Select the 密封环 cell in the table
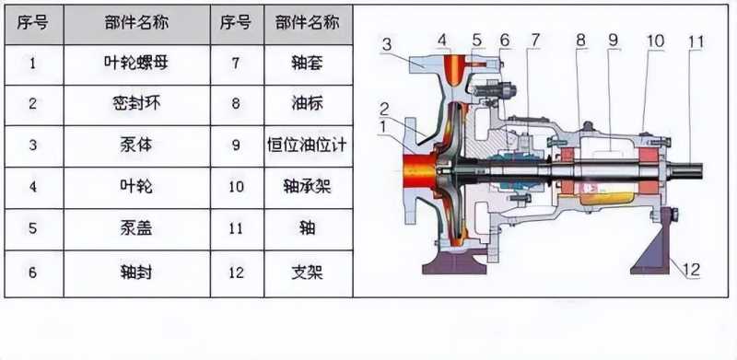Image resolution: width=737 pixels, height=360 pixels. (x=136, y=105)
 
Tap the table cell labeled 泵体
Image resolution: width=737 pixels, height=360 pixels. (x=136, y=146)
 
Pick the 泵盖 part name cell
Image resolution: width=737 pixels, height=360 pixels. (x=136, y=229)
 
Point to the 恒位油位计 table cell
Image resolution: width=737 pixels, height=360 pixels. (x=309, y=146)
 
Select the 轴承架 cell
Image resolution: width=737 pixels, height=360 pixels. (x=309, y=188)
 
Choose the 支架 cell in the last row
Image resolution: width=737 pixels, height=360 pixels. (x=309, y=273)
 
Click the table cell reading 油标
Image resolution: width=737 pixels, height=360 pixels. (x=309, y=105)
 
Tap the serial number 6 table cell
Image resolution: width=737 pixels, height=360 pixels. (x=33, y=273)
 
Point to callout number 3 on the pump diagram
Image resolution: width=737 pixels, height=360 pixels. (x=387, y=45)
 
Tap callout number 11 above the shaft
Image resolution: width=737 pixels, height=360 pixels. (x=696, y=42)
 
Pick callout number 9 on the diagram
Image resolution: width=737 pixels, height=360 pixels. (x=614, y=41)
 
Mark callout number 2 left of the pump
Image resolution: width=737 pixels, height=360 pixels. (x=384, y=110)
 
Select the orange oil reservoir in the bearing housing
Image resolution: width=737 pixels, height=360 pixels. (x=606, y=196)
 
